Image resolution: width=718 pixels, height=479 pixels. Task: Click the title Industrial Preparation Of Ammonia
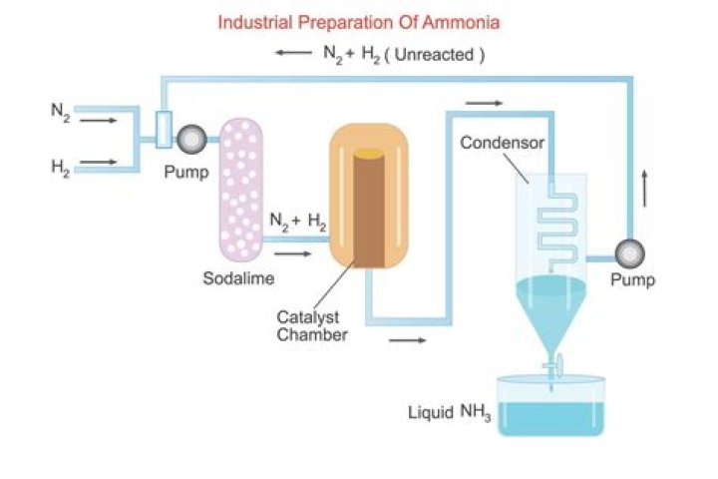pyautogui.click(x=360, y=21)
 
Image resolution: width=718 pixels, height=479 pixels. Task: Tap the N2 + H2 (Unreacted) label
pyautogui.click(x=404, y=55)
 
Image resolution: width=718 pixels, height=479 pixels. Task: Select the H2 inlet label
pyautogui.click(x=61, y=167)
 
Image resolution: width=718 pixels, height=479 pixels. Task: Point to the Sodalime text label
pyautogui.click(x=239, y=278)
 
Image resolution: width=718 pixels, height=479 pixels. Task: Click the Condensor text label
pyautogui.click(x=502, y=144)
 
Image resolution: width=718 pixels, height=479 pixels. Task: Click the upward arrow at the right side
pyautogui.click(x=645, y=188)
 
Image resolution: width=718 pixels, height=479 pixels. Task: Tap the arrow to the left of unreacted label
pyautogui.click(x=294, y=54)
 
